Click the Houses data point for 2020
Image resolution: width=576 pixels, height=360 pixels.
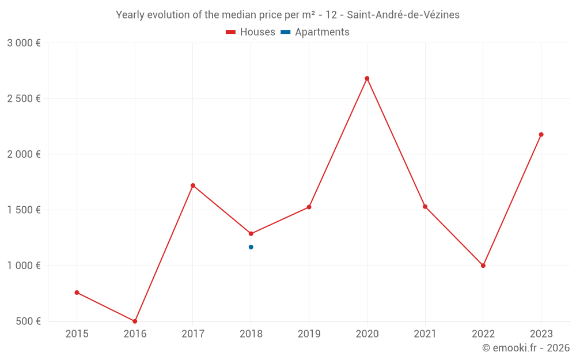[367, 78]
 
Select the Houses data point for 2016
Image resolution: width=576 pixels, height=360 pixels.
[135, 321]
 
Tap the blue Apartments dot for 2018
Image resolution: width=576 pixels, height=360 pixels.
[251, 247]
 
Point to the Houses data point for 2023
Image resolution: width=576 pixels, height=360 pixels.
[541, 135]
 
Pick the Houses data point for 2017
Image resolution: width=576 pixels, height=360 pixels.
[193, 185]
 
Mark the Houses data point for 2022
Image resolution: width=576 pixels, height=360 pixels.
[483, 266]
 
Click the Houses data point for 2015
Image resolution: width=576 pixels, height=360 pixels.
[77, 293]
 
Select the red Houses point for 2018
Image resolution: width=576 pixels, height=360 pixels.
[251, 234]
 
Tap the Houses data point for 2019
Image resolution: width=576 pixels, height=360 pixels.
[309, 207]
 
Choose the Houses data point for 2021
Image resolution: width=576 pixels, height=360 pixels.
[425, 206]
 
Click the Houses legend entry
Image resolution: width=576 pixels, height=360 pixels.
[251, 32]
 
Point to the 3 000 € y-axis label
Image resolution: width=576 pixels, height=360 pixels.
[24, 43]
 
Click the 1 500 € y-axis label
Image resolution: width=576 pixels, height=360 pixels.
[24, 210]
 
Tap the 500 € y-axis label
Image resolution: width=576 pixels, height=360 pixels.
[28, 321]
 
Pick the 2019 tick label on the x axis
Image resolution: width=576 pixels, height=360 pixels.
[309, 334]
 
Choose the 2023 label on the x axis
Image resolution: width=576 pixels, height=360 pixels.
[541, 334]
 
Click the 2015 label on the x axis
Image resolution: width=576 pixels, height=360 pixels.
[77, 334]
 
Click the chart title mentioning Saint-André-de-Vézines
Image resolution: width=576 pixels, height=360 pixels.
[288, 15]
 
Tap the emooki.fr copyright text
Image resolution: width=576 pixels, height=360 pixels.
[526, 348]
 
